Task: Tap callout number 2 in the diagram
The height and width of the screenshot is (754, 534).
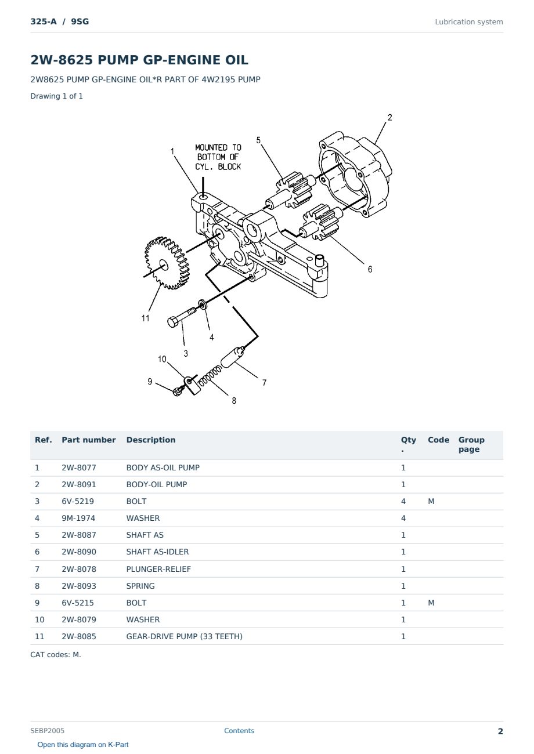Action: coord(390,118)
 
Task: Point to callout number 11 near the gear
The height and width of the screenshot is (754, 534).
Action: coord(145,318)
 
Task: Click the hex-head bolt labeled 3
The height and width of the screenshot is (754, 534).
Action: coord(182,317)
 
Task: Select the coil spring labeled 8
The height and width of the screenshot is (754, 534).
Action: coord(210,376)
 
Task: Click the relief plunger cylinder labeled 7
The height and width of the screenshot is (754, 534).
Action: coord(233,357)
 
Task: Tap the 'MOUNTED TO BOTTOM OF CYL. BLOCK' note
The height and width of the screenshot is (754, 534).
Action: coord(218,157)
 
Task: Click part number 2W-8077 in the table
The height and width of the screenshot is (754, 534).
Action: coord(79,467)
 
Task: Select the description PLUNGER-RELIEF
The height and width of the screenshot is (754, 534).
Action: coord(158,569)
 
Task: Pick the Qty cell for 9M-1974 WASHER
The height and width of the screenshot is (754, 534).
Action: coord(403,518)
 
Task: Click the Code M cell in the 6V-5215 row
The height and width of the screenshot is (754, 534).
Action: coord(431,603)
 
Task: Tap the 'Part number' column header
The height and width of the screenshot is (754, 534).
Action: coord(89,440)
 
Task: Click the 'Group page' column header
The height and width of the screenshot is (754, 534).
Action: coord(471,444)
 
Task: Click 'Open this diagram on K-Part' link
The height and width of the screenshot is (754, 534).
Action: coord(83,744)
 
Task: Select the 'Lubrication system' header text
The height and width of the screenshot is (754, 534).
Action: coord(469,22)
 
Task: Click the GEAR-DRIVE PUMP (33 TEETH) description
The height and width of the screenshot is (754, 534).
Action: coord(185,636)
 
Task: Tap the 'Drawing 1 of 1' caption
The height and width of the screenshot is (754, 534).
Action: coord(57,96)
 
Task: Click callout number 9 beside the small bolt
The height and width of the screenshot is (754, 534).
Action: coord(150,382)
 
